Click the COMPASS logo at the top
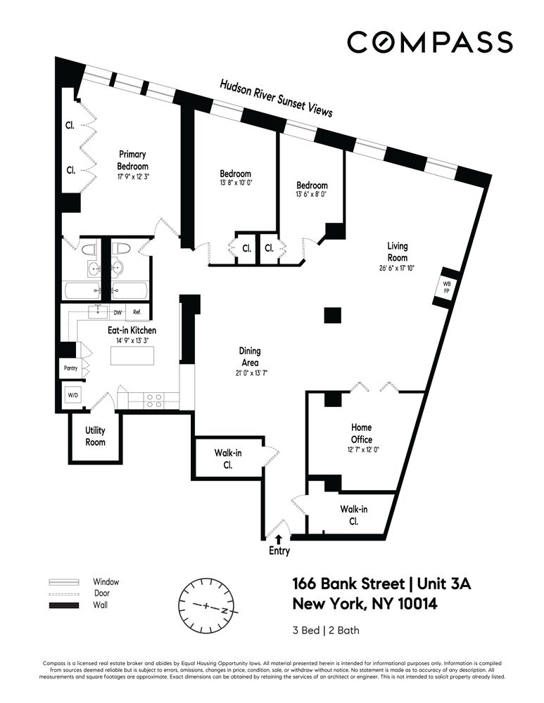tap(429, 41)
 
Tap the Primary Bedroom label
tap(132, 160)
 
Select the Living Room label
tap(397, 252)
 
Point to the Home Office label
tap(362, 433)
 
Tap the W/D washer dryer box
tap(73, 396)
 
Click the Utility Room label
tap(95, 435)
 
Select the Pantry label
tap(70, 368)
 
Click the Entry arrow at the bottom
tap(279, 539)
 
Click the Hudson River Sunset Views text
tap(276, 98)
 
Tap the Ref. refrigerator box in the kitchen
tap(137, 312)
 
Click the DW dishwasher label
tap(118, 312)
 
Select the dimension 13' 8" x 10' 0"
tap(235, 181)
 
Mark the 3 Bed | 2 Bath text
tap(325, 630)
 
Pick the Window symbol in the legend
tap(65, 582)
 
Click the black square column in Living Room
tap(333, 314)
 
